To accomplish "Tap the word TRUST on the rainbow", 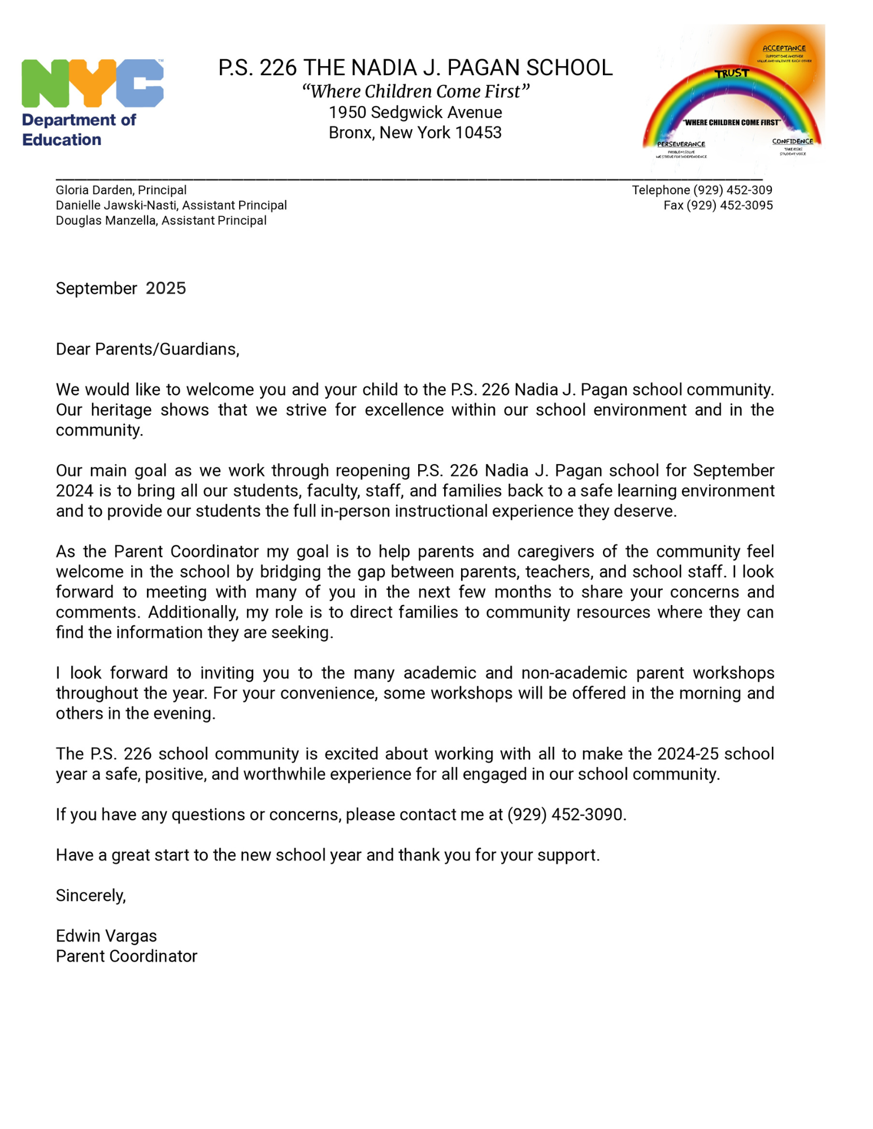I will (x=731, y=73).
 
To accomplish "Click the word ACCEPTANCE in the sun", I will (x=784, y=49).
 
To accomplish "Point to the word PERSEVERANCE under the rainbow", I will (x=681, y=145).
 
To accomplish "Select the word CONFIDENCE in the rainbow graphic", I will (x=792, y=142).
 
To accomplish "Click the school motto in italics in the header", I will (x=415, y=91).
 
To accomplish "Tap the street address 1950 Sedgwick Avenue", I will (x=415, y=112).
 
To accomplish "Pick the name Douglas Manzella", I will (x=106, y=221).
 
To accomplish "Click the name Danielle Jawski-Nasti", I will (x=116, y=205).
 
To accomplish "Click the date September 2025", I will (x=120, y=288).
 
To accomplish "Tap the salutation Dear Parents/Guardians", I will (x=147, y=349).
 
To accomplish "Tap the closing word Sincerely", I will (x=90, y=896).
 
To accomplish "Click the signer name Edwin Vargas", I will (x=106, y=936).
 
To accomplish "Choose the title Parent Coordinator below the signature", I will (x=127, y=956).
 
